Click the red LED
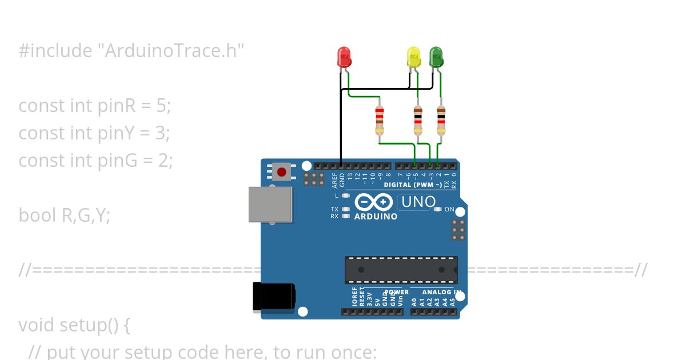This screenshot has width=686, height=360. [x=344, y=57]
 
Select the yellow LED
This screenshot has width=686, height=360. [x=413, y=57]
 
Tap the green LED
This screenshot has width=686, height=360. [x=436, y=57]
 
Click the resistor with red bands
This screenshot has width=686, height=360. [x=379, y=120]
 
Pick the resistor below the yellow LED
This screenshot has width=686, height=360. [x=418, y=120]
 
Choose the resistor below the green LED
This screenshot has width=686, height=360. [x=441, y=120]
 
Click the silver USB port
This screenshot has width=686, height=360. [x=270, y=204]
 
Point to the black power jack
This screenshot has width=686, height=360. [x=274, y=297]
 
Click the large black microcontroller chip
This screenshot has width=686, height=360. [x=401, y=270]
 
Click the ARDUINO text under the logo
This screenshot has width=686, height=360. [x=376, y=217]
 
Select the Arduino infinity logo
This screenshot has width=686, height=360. [x=373, y=202]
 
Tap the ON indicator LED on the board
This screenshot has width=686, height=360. [x=438, y=209]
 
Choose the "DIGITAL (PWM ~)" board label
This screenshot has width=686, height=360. [x=412, y=185]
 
